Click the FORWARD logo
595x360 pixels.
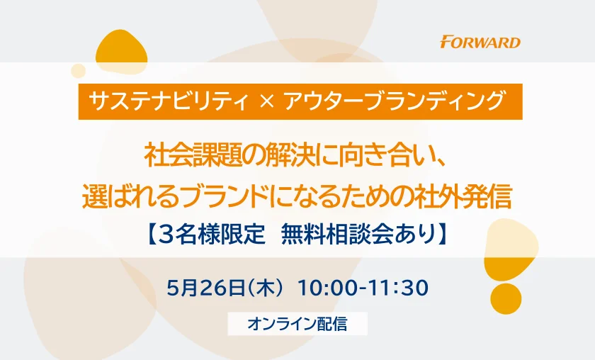coord(480,42)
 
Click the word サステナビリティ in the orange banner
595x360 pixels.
coord(169,101)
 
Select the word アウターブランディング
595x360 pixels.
coord(394,101)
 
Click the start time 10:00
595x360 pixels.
coord(327,288)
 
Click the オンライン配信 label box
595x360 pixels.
coord(297,324)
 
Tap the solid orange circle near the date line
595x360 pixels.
coord(506,299)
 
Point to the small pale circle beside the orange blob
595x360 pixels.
coord(78,71)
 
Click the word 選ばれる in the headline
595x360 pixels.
coord(130,197)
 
